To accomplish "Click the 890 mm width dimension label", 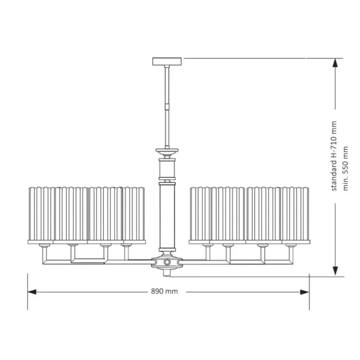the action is pyautogui.click(x=165, y=291).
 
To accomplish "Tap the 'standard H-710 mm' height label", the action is pyautogui.click(x=334, y=156).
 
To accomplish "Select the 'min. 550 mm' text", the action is pyautogui.click(x=346, y=168).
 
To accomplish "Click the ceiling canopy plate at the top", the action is pyautogui.click(x=167, y=61).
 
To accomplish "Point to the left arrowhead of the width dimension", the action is pyautogui.click(x=32, y=292).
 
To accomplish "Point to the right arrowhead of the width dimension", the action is pyautogui.click(x=305, y=292).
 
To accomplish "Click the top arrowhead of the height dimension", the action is pyautogui.click(x=335, y=63).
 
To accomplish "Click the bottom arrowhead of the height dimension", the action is pyautogui.click(x=335, y=271).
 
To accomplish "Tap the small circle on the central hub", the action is pyautogui.click(x=167, y=262).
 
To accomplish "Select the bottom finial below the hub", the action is pyautogui.click(x=167, y=273).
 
